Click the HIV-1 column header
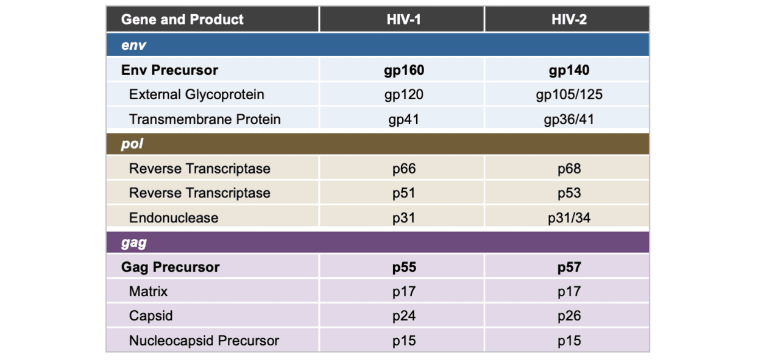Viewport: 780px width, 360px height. point(403,19)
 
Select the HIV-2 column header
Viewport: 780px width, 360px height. point(569,19)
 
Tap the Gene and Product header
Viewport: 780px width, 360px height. point(182,19)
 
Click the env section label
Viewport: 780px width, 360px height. point(133,45)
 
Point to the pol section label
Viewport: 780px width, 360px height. point(132,143)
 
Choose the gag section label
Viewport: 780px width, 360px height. point(133,242)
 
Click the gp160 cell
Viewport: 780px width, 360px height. point(404,70)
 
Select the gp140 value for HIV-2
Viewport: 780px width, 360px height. point(569,70)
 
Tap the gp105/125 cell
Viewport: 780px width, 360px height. point(569,94)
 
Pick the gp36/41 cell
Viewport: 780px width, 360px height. point(569,119)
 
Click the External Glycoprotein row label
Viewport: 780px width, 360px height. point(196,94)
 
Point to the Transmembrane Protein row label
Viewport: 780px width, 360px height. point(205,119)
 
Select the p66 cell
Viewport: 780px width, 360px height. point(404,169)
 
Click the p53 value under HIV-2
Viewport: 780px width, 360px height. point(569,193)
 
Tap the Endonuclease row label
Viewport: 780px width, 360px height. point(174,218)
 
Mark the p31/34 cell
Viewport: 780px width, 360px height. point(569,218)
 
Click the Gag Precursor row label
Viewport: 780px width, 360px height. point(170,267)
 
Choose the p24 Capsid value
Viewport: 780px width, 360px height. point(404,316)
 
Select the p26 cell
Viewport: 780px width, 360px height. point(569,316)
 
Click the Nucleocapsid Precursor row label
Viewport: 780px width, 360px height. point(204,341)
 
